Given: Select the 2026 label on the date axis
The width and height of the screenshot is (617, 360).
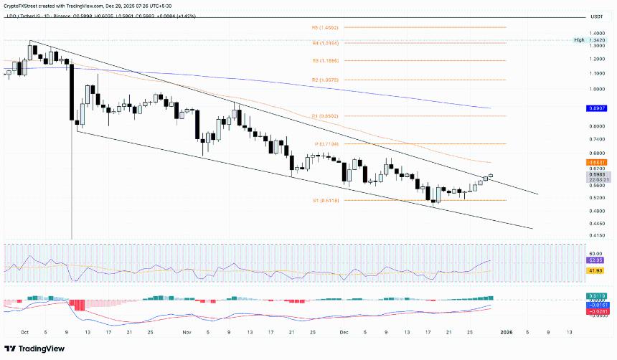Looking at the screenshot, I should tap(507, 333).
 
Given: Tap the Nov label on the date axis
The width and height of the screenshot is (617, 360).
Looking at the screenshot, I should tap(187, 333).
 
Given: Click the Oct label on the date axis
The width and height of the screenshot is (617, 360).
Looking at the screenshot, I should tap(25, 333).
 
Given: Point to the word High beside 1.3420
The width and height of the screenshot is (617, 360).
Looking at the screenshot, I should tap(579, 40).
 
